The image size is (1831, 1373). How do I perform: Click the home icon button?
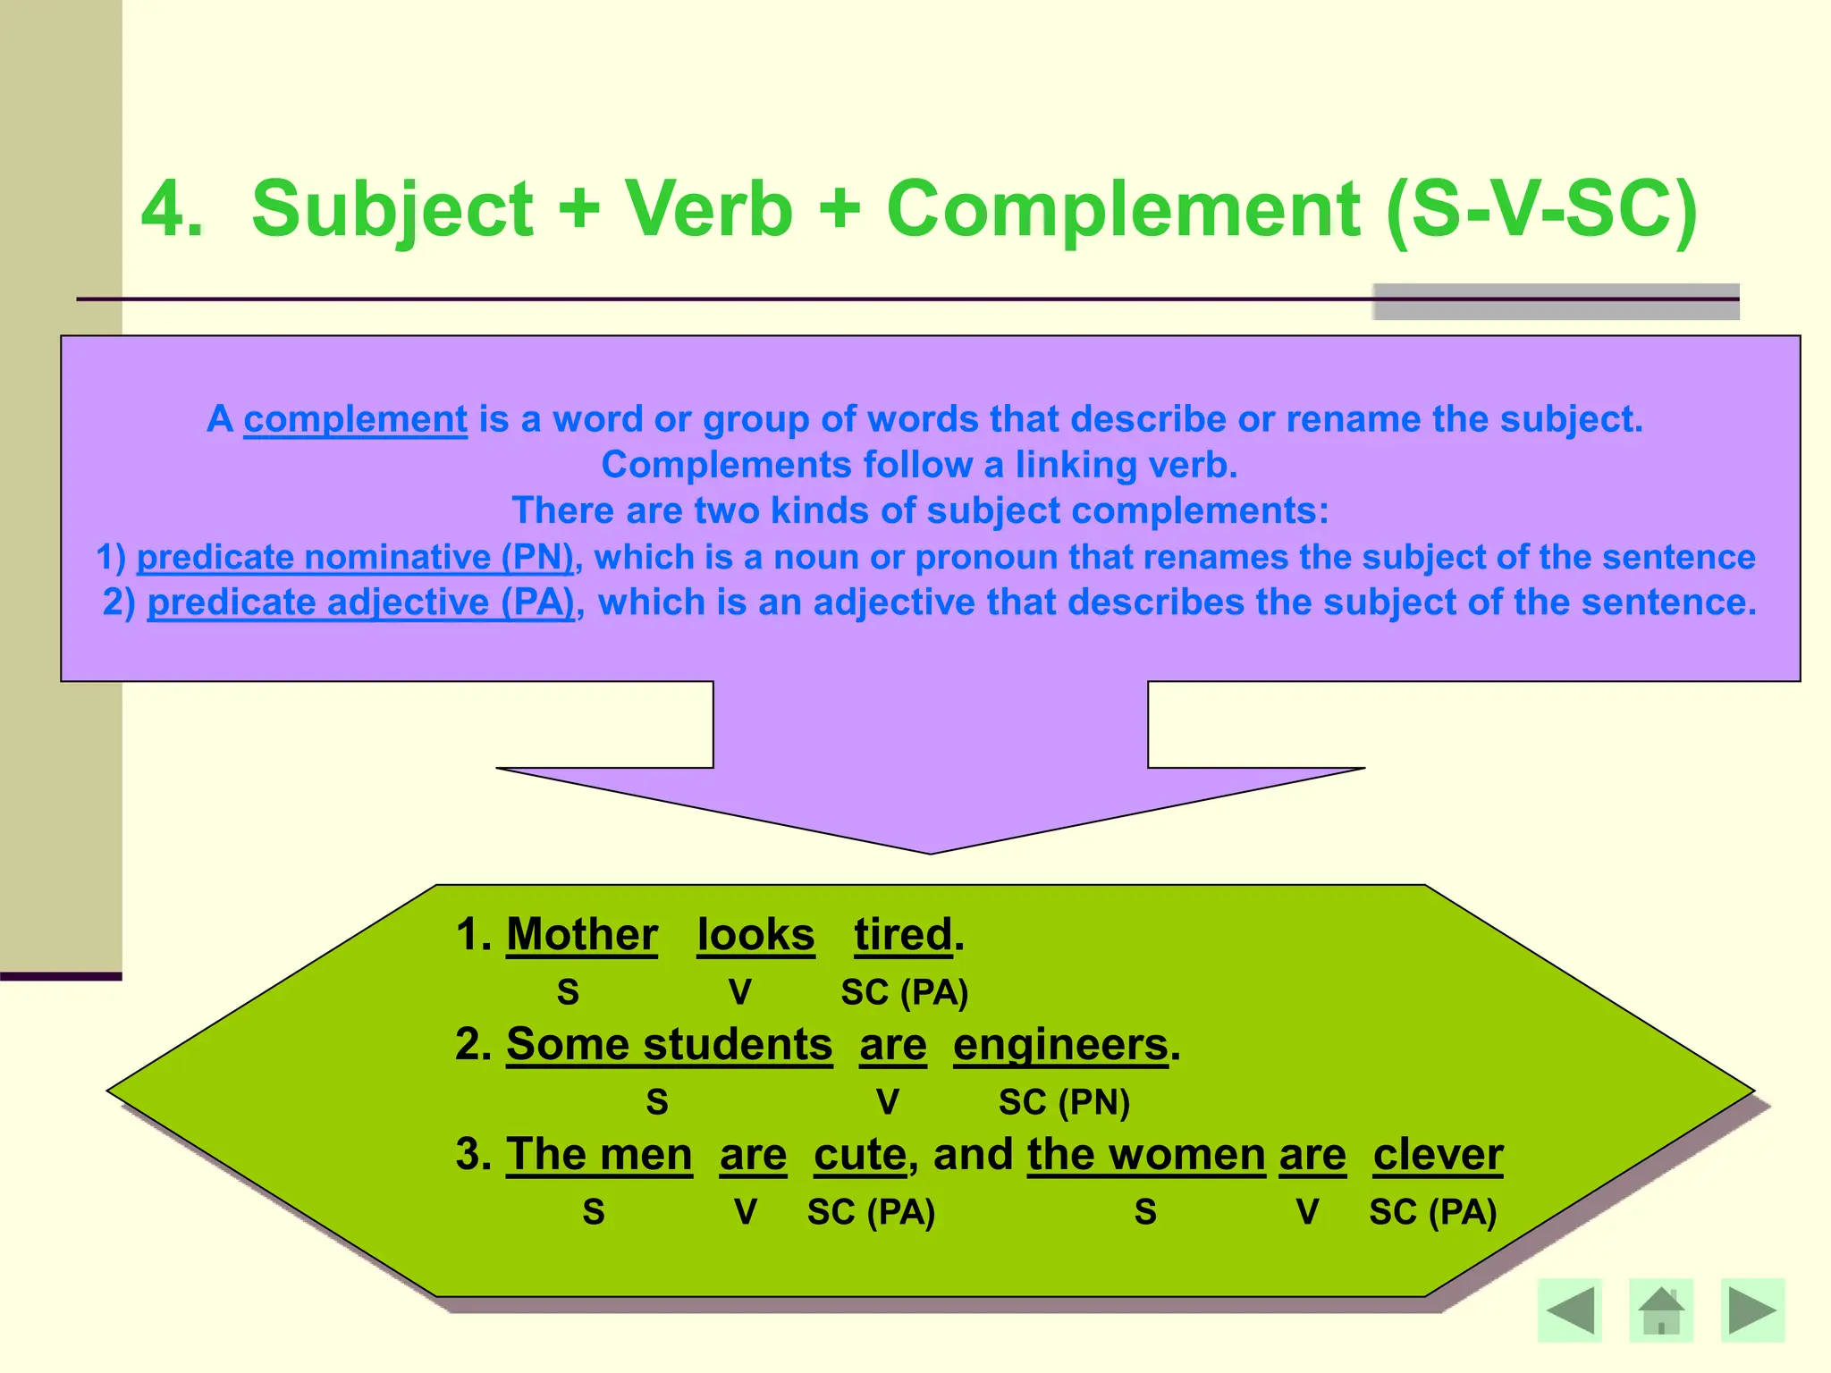coord(1661,1310)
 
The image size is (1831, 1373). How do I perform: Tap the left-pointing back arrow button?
coord(1570,1310)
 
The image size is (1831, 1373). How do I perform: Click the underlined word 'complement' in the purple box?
coord(355,419)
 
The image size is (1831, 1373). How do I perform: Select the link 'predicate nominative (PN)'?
coord(355,557)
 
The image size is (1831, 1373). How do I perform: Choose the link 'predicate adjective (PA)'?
coord(360,602)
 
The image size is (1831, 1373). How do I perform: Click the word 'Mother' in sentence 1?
coord(582,935)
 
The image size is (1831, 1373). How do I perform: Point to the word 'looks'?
coord(755,935)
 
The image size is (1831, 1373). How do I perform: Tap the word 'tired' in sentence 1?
coord(903,935)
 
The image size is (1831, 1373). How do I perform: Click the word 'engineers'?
coord(1060,1045)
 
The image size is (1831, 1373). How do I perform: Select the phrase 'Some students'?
coord(669,1045)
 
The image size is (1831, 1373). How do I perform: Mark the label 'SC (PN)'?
coord(1064,1102)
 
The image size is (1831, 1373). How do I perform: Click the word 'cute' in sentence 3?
coord(860,1155)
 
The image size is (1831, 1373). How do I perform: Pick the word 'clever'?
coord(1438,1155)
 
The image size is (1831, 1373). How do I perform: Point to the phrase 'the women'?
coord(1146,1155)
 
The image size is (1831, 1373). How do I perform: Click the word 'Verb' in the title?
coord(708,209)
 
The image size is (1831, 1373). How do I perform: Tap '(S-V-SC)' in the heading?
coord(1541,209)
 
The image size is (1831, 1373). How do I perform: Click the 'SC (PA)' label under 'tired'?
coord(905,993)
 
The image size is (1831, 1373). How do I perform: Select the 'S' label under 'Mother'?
coord(568,993)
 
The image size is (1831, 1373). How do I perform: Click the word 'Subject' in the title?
coord(392,209)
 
